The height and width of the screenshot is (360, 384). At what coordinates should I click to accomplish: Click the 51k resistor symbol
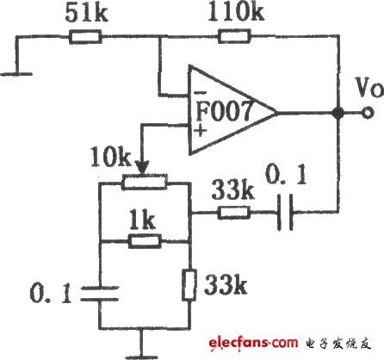point(85,37)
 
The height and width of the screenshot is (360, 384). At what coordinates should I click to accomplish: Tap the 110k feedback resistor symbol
point(234,36)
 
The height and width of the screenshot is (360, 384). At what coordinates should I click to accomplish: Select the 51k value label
point(87,13)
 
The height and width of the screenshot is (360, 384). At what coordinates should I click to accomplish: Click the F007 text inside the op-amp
point(225,110)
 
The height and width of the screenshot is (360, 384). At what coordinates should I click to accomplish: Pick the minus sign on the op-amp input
point(200,93)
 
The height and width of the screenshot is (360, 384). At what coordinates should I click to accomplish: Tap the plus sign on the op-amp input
point(201,131)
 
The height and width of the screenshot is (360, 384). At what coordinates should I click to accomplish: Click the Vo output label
point(369,87)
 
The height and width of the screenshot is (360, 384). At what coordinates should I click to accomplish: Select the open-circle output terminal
point(368,113)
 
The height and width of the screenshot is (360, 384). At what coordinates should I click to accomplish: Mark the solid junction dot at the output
point(338,113)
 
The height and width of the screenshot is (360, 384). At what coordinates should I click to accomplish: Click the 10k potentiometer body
point(145,182)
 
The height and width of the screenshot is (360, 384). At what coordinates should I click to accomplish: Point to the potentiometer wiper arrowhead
point(142,167)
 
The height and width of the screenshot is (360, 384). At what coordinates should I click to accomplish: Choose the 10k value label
point(110,157)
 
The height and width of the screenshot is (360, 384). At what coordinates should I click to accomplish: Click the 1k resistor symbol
point(145,241)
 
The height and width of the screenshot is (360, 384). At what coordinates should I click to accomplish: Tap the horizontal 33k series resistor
point(233,213)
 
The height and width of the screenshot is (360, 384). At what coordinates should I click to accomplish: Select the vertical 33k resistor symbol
point(189,285)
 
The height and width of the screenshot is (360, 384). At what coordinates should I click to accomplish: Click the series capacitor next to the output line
point(286,213)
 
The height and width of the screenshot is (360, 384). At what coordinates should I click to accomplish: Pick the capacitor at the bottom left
point(100,294)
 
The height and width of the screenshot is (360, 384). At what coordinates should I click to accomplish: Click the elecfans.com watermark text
point(253,343)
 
